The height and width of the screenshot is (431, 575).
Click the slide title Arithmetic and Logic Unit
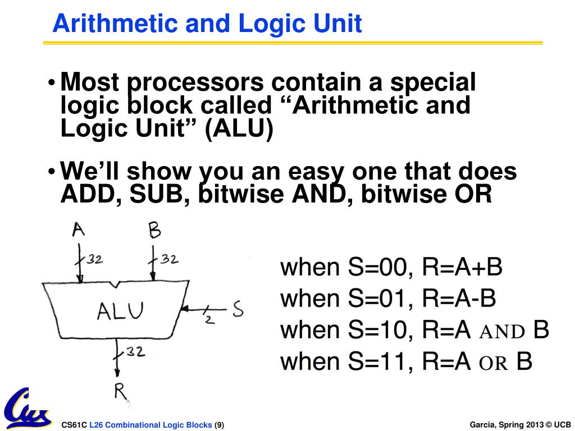[207, 24]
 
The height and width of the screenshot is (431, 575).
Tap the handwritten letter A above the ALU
[79, 230]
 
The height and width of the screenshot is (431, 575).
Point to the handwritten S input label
[238, 309]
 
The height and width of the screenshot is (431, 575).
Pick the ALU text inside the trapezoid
[120, 310]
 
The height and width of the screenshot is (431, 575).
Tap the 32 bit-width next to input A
[93, 259]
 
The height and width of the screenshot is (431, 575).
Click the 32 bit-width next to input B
[169, 259]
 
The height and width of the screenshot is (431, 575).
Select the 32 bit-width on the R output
[135, 352]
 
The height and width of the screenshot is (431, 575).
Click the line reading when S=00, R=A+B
[391, 267]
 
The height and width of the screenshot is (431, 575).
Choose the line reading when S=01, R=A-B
[388, 298]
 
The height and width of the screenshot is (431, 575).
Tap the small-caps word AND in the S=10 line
[502, 332]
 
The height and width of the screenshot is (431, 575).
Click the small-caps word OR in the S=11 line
[494, 363]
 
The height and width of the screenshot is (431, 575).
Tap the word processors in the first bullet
[196, 83]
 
